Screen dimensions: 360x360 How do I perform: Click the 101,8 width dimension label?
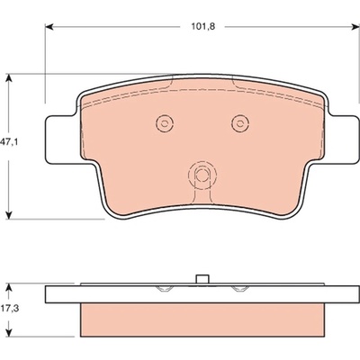pos(203,26)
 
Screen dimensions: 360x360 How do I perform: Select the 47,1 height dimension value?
pos(9,142)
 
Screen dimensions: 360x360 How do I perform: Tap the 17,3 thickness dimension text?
pos(10,308)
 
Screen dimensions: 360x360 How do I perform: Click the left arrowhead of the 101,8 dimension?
pos(49,27)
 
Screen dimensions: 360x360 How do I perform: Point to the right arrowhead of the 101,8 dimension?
pos(355,27)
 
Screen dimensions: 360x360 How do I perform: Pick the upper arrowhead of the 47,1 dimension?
pos(9,78)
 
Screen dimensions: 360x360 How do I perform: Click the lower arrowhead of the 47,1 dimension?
pos(9,215)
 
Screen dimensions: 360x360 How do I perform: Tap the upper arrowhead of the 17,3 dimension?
pos(9,287)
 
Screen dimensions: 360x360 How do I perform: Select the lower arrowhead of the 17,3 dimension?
pos(9,332)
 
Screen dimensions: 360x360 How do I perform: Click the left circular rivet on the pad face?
pos(165,123)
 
